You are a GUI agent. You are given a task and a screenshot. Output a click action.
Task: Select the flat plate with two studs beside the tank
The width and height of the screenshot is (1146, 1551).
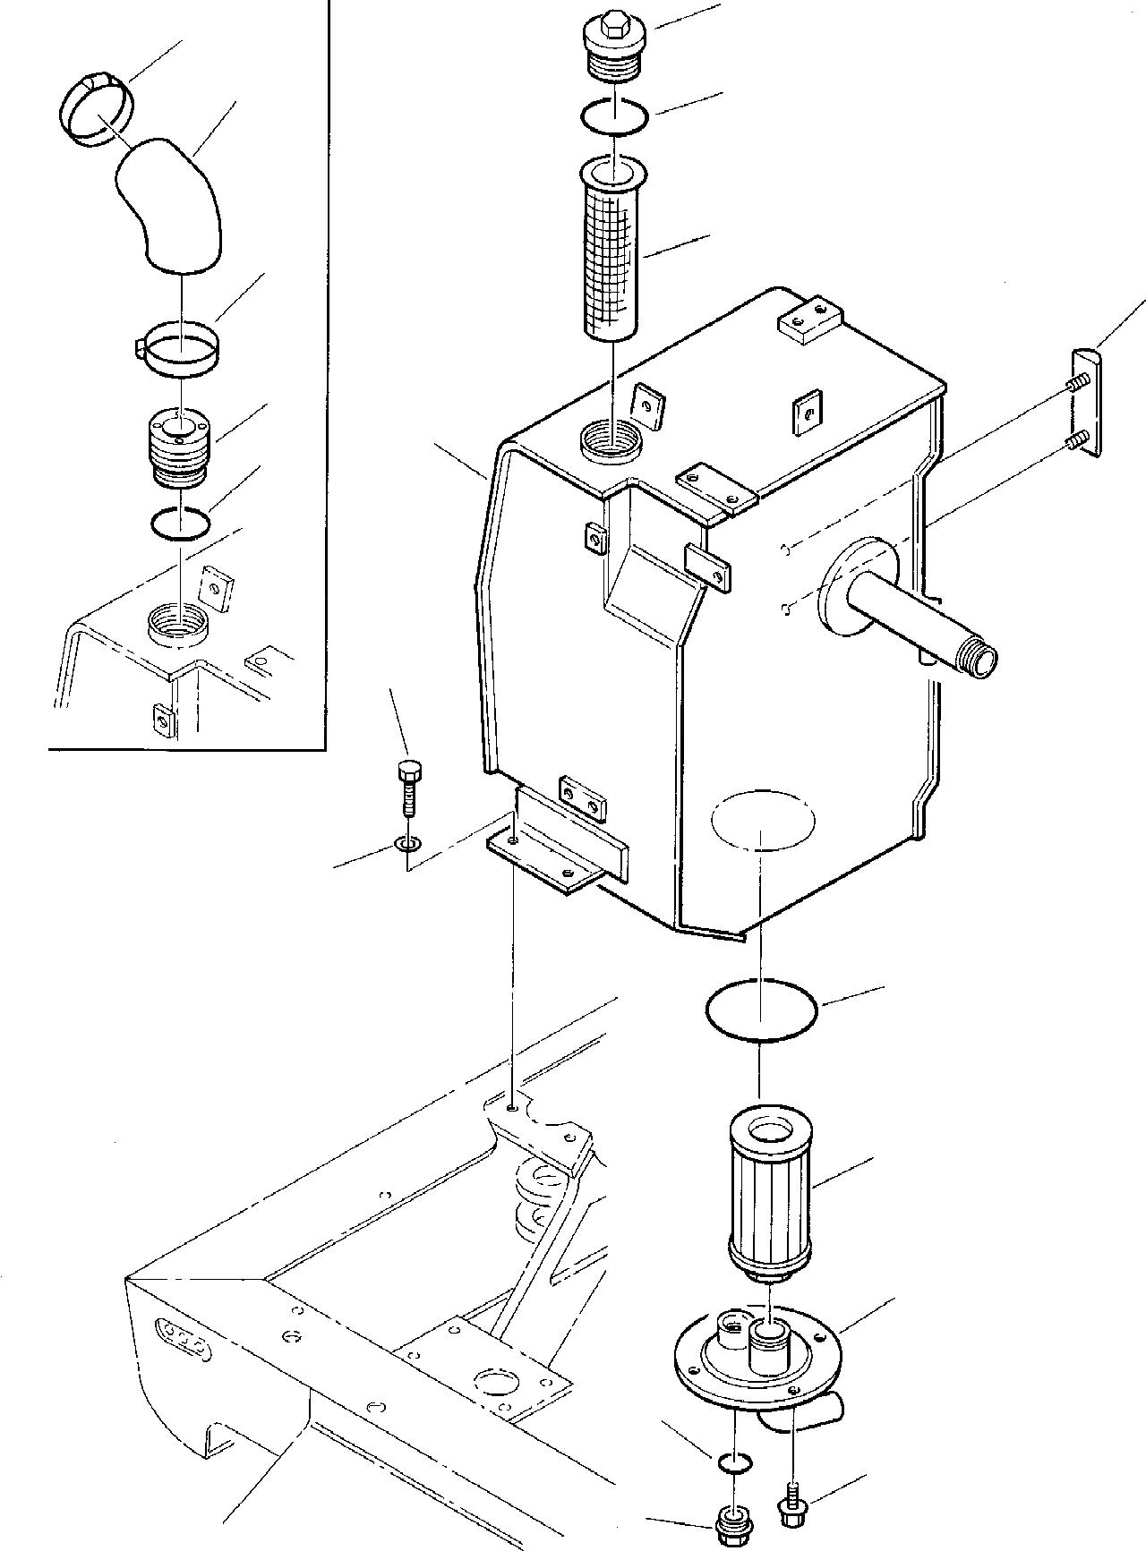(1086, 404)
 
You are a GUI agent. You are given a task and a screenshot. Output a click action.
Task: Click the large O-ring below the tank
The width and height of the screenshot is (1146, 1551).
(761, 1009)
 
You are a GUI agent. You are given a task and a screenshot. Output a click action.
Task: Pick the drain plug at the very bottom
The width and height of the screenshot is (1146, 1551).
(733, 1521)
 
